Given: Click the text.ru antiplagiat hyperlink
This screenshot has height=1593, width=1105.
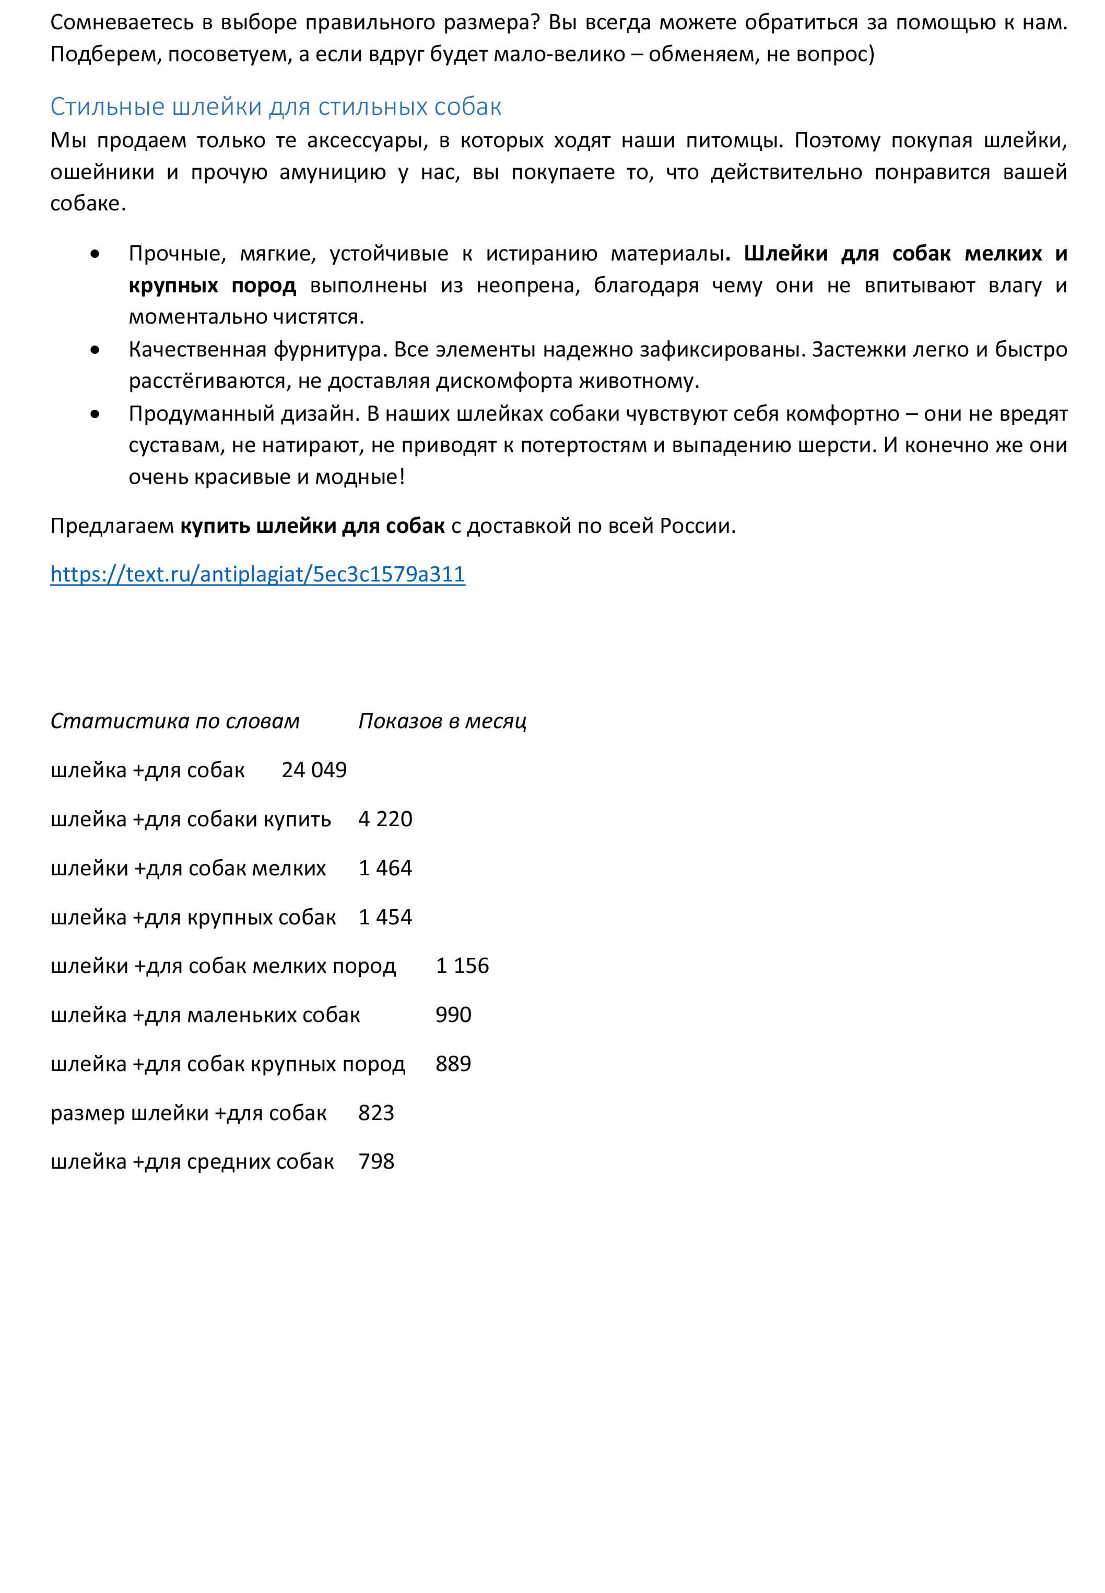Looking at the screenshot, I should pyautogui.click(x=257, y=574).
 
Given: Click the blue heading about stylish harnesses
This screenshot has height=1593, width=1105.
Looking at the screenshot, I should pyautogui.click(x=276, y=106).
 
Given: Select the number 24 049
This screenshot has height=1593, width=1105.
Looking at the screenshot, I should pyautogui.click(x=314, y=770).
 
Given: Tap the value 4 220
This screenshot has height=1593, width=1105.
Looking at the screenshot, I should pyautogui.click(x=385, y=819).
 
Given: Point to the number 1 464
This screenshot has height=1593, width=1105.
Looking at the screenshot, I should pyautogui.click(x=385, y=869).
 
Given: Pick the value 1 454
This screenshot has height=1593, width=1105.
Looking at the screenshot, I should pyautogui.click(x=385, y=918).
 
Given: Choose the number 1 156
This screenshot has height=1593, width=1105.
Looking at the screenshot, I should pyautogui.click(x=462, y=966).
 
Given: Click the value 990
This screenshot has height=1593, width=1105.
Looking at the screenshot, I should pyautogui.click(x=453, y=1015).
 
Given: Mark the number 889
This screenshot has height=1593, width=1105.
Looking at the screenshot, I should pyautogui.click(x=453, y=1064).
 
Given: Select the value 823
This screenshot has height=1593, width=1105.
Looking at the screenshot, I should pyautogui.click(x=376, y=1113).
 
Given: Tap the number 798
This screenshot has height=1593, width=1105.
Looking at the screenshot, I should pyautogui.click(x=376, y=1162).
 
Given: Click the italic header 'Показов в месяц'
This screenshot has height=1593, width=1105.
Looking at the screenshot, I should pyautogui.click(x=442, y=721).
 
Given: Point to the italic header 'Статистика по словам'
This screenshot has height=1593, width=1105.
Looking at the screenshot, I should pyautogui.click(x=175, y=721).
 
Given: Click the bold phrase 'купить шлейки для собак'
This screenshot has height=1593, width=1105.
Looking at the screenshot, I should pyautogui.click(x=312, y=527).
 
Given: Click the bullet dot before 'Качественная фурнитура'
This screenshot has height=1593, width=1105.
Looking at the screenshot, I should pyautogui.click(x=95, y=351).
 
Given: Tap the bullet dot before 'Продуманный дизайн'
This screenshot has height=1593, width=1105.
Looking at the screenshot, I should pyautogui.click(x=95, y=415).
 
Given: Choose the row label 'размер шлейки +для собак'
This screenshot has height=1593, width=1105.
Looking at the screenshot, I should pyautogui.click(x=189, y=1113).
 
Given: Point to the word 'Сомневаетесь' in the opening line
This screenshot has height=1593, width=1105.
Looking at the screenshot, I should pyautogui.click(x=122, y=23).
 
